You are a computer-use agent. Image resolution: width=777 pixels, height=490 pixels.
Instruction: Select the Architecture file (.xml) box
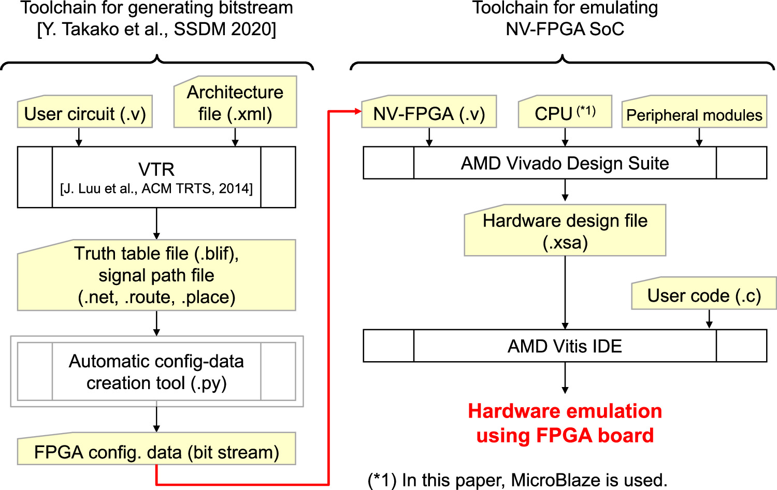[235, 103]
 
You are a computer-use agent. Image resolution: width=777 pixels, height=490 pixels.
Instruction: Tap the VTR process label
[156, 169]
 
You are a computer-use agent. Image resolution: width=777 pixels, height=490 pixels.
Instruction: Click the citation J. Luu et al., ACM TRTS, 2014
[156, 189]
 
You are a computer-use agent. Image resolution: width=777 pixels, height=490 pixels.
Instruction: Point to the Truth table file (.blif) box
[156, 275]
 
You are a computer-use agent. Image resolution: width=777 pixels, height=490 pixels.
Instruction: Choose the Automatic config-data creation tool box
[156, 372]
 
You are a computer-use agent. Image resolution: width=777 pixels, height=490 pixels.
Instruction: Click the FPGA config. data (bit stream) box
[156, 452]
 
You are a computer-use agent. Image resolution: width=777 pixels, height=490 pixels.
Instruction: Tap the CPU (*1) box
[565, 113]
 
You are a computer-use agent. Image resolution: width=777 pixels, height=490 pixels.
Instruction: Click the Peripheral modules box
[694, 115]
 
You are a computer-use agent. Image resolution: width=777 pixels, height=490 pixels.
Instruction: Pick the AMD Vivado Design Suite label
[565, 163]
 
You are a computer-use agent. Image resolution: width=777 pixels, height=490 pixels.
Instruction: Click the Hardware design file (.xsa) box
[565, 231]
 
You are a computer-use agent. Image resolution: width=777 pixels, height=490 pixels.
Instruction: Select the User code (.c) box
[704, 295]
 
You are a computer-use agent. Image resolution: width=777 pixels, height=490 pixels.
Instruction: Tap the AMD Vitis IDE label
[565, 346]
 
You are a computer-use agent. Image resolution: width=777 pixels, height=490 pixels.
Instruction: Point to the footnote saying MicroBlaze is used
[517, 480]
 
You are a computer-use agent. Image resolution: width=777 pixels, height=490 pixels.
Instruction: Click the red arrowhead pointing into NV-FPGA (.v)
[357, 111]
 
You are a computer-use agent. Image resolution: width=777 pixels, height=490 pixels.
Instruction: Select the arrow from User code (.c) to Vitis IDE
[709, 319]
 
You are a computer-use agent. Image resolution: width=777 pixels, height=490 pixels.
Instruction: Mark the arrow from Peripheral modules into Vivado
[699, 137]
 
